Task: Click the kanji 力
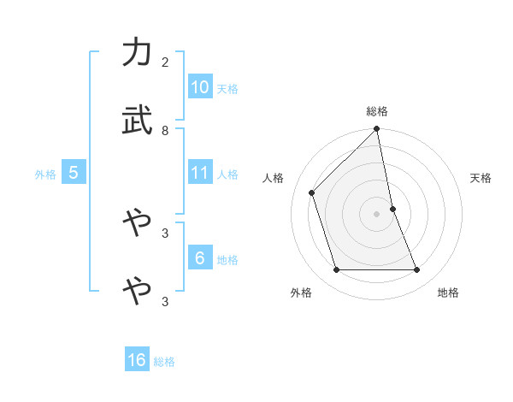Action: coord(138,54)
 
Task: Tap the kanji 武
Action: coord(138,122)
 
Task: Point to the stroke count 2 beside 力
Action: coord(165,62)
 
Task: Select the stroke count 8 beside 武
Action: coord(165,130)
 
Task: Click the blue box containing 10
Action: coord(200,87)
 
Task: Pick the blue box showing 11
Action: coord(200,173)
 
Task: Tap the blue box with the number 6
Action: coord(200,258)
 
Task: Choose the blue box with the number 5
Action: coord(74,173)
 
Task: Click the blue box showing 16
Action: coord(137,360)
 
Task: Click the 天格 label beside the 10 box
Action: coord(227,89)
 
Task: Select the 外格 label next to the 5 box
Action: coord(45,174)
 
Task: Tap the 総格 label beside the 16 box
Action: coord(164,362)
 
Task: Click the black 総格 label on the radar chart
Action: coord(377,111)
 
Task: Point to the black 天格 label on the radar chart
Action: coord(481,178)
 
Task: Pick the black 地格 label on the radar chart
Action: coord(448,293)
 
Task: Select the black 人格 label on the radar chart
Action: coord(274,178)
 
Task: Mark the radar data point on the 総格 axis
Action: coord(377,130)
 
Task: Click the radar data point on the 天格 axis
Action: coord(393,209)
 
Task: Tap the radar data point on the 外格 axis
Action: coord(337,270)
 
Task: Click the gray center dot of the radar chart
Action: coord(377,214)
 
